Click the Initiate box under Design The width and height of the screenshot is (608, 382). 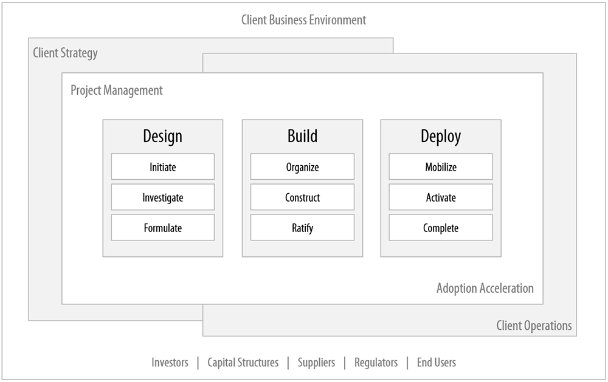(162, 167)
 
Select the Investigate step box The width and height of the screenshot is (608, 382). (162, 197)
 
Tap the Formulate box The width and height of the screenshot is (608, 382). (162, 228)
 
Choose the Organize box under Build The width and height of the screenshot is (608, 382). (302, 167)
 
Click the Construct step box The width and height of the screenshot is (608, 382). (302, 197)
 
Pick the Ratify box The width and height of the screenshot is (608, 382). (302, 228)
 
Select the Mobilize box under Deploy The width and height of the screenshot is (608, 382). (441, 167)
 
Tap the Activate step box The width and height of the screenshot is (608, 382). (441, 197)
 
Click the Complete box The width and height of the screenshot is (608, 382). (441, 228)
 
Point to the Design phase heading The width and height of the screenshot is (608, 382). (162, 136)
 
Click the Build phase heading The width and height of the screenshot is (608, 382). (302, 136)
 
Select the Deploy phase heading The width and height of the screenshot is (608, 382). (441, 136)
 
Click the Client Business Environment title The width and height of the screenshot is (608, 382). (303, 20)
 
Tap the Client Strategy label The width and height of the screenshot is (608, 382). (65, 53)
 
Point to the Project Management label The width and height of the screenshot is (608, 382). (117, 90)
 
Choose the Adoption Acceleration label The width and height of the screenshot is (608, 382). (485, 288)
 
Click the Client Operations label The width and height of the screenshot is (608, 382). (534, 326)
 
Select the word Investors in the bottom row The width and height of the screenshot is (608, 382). (170, 363)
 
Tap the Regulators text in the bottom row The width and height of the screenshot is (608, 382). (376, 363)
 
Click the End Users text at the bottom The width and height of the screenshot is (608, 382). (436, 363)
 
